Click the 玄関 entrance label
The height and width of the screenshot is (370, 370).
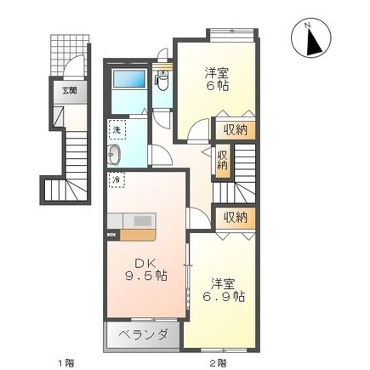coord(70,91)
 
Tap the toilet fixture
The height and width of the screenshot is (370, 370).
coord(162,80)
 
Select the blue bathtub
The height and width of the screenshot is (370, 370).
coord(129,79)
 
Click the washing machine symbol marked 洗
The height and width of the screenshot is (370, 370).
coord(117,130)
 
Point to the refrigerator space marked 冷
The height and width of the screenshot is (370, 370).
coord(117,179)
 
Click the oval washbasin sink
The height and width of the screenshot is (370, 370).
coord(114,155)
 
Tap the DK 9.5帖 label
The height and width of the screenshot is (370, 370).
coord(145,270)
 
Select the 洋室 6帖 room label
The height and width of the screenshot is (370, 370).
coord(217,79)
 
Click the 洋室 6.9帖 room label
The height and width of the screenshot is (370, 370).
coord(224,290)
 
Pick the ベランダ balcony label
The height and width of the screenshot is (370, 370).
coord(143,334)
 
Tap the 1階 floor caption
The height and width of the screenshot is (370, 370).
coord(65,362)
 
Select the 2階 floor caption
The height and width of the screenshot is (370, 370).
coord(218,362)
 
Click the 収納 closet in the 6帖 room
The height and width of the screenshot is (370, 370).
coord(236,130)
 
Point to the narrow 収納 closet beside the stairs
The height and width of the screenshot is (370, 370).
coord(222,161)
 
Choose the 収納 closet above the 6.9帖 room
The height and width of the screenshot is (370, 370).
coord(236,218)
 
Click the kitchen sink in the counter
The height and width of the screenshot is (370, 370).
coord(144,221)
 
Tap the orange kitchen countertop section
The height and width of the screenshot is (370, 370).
coord(138,236)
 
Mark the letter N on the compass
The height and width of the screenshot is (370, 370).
coord(307,26)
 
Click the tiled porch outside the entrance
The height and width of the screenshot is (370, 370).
coord(70,54)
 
